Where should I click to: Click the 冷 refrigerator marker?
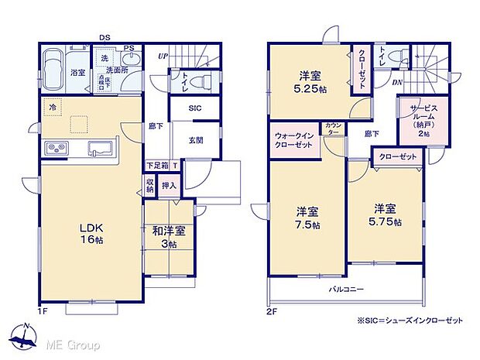pyautogui.click(x=52, y=108)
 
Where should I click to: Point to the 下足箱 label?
pyautogui.click(x=157, y=165)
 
